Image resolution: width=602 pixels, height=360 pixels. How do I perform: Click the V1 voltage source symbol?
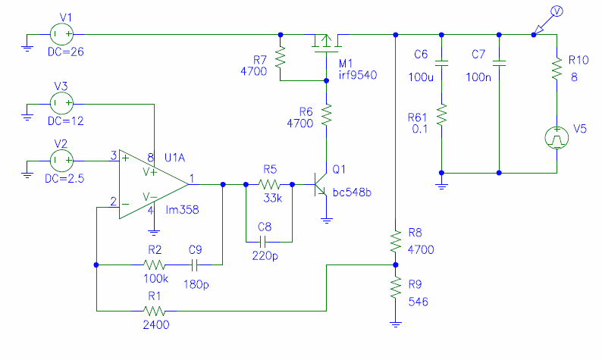point(61,34)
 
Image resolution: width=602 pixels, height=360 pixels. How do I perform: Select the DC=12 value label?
point(66,121)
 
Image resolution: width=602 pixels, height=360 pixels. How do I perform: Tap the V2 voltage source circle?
point(61,161)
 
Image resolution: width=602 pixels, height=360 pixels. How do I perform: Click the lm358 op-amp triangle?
point(154,184)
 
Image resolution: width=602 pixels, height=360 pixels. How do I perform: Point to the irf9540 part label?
point(357,75)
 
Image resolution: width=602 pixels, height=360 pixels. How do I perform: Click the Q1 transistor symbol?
point(321,185)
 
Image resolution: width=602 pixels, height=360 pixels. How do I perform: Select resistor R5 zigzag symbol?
point(269,185)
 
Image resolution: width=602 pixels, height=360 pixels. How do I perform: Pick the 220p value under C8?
point(265,255)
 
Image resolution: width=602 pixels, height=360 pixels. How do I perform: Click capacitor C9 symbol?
point(194,265)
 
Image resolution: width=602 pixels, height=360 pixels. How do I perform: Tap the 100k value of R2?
point(156,279)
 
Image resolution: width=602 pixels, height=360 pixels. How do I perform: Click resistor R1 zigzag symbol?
point(154,311)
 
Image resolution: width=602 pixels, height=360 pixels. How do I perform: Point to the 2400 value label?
point(156,325)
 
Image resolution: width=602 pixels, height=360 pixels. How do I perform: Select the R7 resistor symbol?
point(281,58)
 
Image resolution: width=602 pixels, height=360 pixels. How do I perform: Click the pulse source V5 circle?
point(557,138)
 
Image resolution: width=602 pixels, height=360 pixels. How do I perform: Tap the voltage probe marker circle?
point(557,11)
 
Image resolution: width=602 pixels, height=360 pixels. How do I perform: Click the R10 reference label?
point(578,60)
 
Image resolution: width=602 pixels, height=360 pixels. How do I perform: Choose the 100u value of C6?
point(421,77)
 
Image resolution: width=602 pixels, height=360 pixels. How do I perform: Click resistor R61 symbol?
point(441,115)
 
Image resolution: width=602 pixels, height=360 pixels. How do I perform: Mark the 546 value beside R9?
point(418,302)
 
